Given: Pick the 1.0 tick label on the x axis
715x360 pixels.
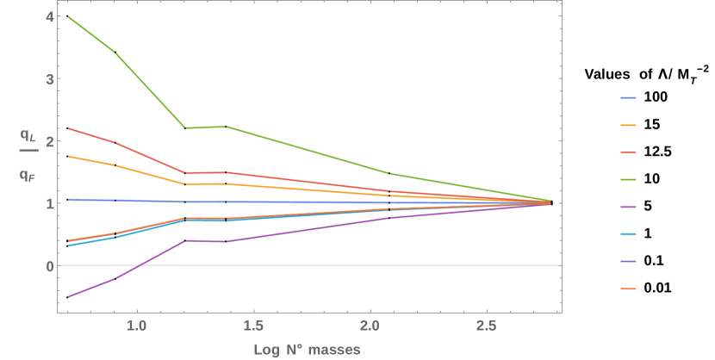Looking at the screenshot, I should (136, 327).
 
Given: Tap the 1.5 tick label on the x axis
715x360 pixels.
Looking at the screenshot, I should (253, 327).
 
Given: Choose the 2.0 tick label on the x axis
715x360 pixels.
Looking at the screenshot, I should (370, 327).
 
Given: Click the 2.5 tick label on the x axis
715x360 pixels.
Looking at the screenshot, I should (487, 327).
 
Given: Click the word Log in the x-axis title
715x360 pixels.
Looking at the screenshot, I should (265, 350).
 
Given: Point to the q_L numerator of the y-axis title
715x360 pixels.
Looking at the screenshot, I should (28, 135).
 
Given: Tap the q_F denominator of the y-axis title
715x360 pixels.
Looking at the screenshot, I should (28, 176).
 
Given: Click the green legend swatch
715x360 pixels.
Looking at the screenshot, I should (628, 179).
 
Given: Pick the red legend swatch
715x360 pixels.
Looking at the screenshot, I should (628, 152).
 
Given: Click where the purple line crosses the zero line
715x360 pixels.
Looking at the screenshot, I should (140, 265).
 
